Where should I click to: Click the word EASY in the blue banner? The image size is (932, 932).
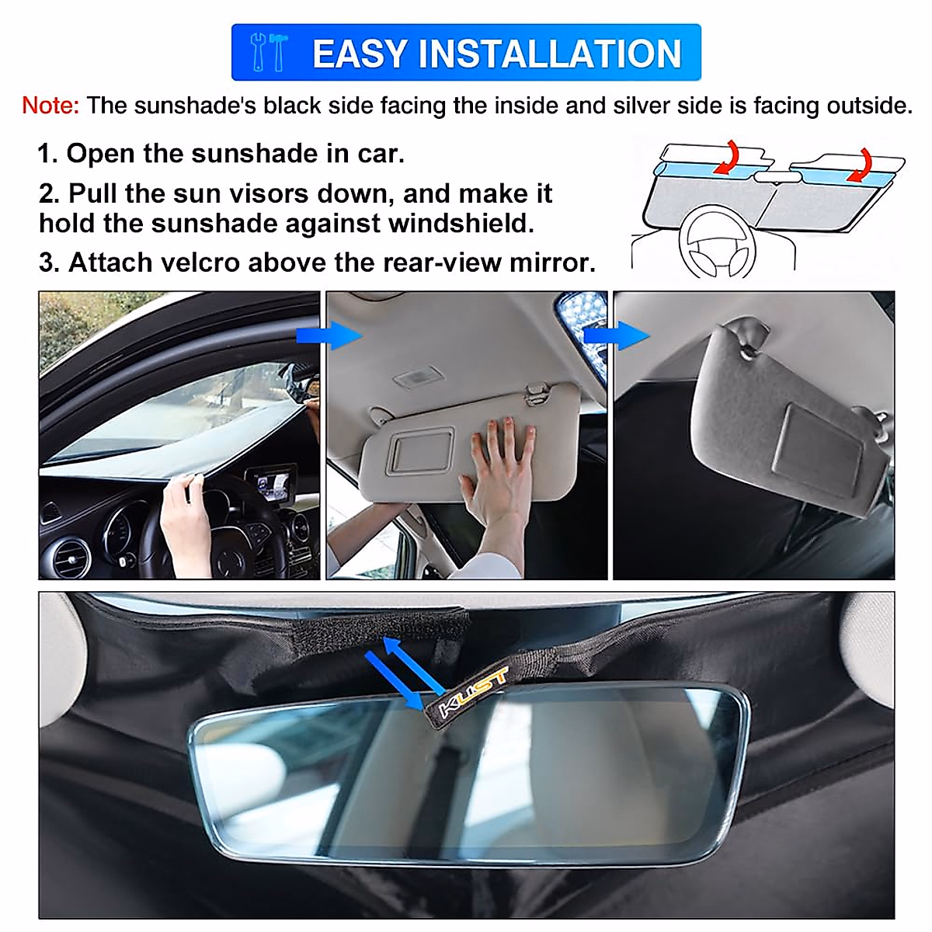pyautogui.click(x=359, y=54)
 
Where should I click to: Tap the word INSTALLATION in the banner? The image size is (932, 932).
pyautogui.click(x=550, y=54)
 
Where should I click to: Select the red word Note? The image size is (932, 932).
pyautogui.click(x=50, y=106)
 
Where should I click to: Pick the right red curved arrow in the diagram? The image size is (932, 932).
pyautogui.click(x=860, y=165)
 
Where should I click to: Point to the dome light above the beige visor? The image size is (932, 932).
pyautogui.click(x=419, y=379)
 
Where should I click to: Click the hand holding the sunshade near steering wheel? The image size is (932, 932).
pyautogui.click(x=185, y=520)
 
